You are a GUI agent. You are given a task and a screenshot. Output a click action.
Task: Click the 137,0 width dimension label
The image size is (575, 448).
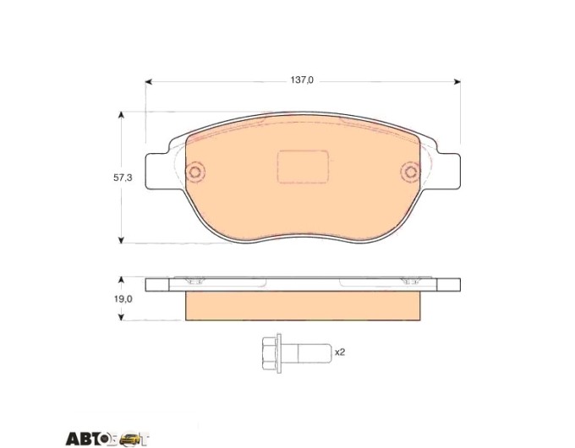click(x=302, y=80)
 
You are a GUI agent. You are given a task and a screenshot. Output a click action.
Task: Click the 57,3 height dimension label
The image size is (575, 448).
click(x=123, y=178)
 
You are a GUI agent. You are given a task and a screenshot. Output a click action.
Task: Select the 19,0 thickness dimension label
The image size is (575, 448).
click(x=123, y=299)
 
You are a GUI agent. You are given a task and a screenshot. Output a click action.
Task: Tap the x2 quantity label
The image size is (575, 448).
click(x=340, y=352)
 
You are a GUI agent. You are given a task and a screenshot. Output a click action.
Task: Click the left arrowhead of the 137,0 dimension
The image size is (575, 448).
click(x=149, y=82)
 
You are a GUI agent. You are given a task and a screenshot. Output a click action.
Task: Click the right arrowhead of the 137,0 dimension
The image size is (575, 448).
click(x=457, y=82)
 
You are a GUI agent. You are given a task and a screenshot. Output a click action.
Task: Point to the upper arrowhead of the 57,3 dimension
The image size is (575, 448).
click(x=121, y=115)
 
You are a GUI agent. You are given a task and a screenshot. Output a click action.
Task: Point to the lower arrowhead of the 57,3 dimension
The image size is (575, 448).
click(x=121, y=240)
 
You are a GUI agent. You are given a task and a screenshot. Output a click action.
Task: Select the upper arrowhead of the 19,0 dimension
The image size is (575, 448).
click(x=121, y=280)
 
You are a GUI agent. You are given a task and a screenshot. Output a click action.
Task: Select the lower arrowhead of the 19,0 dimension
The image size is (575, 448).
click(x=121, y=317)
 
